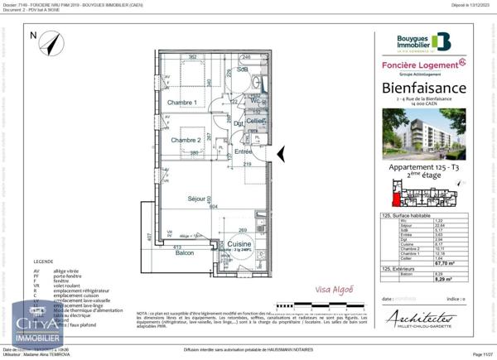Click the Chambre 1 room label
coord(182,103)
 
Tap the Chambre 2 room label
coord(186,141)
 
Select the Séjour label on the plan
coord(196,199)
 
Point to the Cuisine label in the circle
coord(239,245)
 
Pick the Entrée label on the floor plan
coord(243,151)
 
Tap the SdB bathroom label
coord(243,70)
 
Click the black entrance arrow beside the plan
coord(280,153)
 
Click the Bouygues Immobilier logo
coord(422,41)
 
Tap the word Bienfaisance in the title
coord(424,88)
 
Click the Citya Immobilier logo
coord(37,324)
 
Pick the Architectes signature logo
coord(422,319)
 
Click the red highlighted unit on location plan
coord(396,195)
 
